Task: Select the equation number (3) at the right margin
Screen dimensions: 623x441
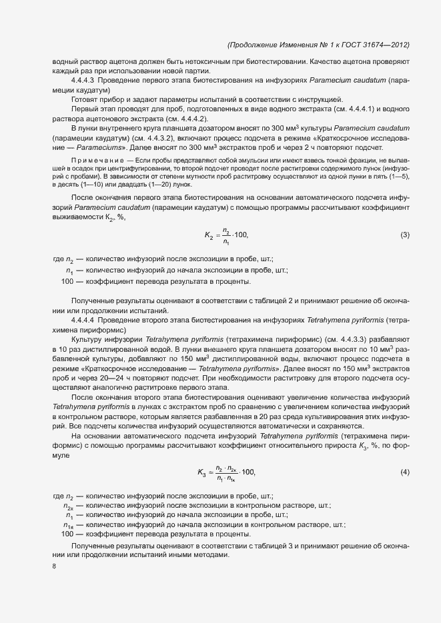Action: tap(404, 235)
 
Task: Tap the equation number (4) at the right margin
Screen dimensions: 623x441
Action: tap(404, 472)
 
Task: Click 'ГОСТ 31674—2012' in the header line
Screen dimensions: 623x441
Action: tap(377, 45)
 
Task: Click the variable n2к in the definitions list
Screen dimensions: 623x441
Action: tap(68, 506)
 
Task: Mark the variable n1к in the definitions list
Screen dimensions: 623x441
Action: tap(68, 525)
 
